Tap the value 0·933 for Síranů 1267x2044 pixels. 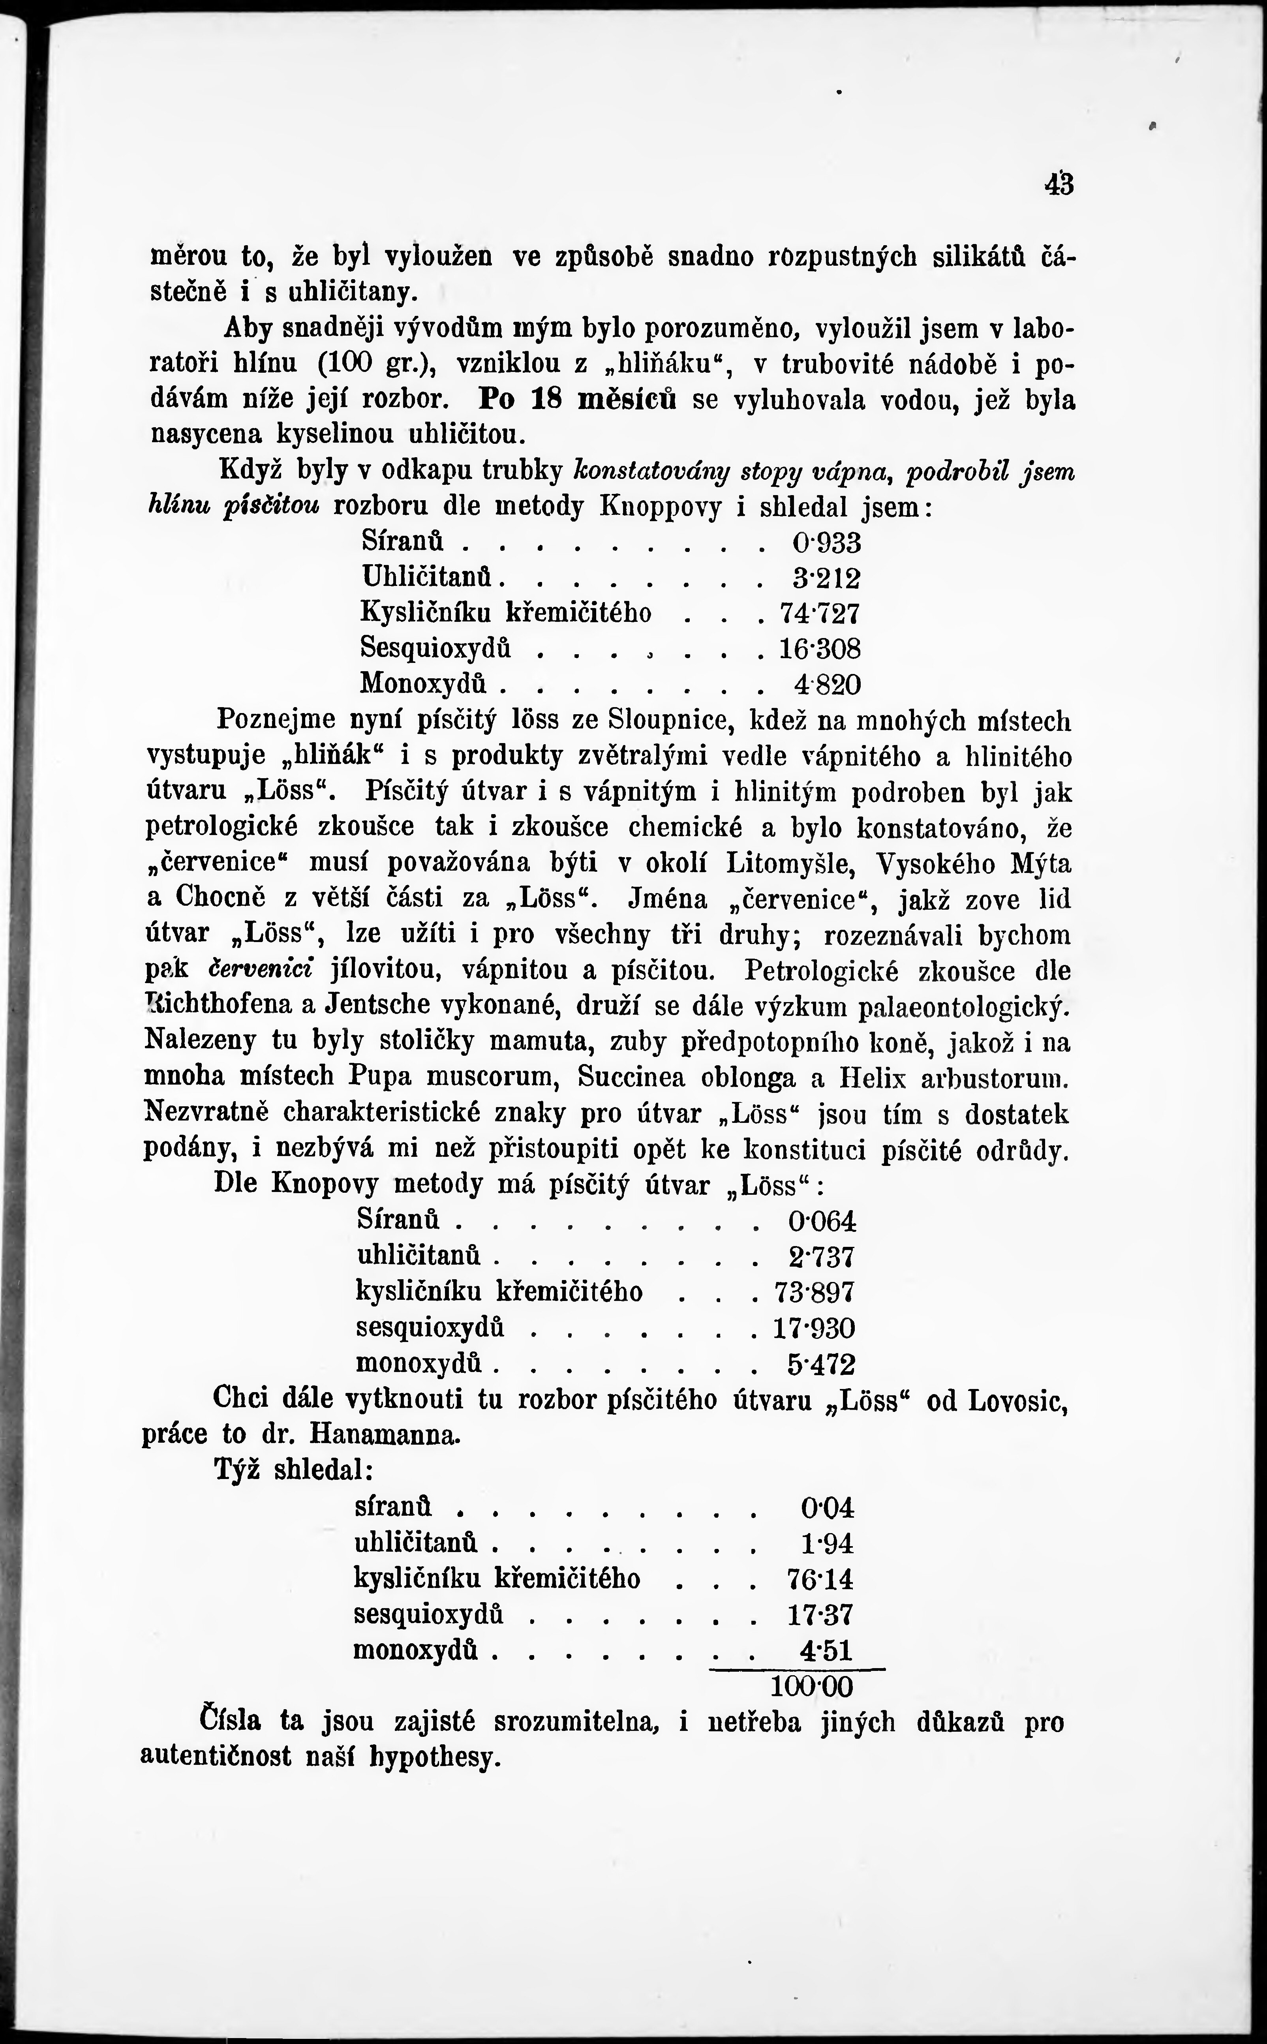826,543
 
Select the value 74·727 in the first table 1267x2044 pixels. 820,614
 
